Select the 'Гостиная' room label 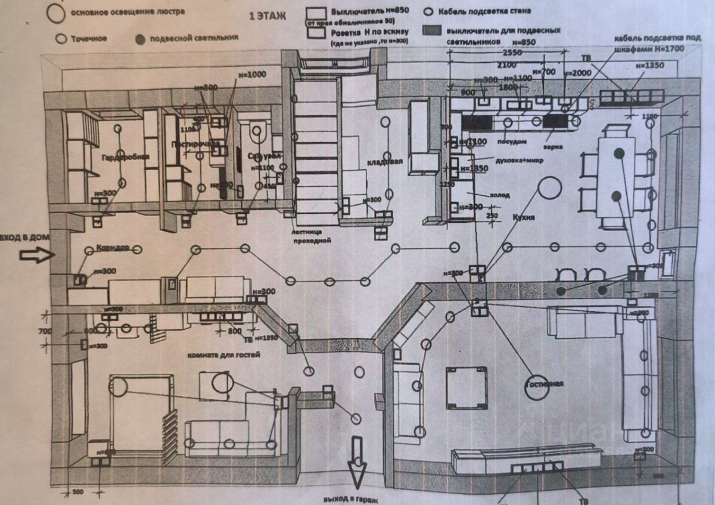[x=544, y=384]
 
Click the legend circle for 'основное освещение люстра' [x=57, y=13]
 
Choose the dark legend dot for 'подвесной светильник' [x=141, y=39]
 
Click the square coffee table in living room [x=467, y=387]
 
